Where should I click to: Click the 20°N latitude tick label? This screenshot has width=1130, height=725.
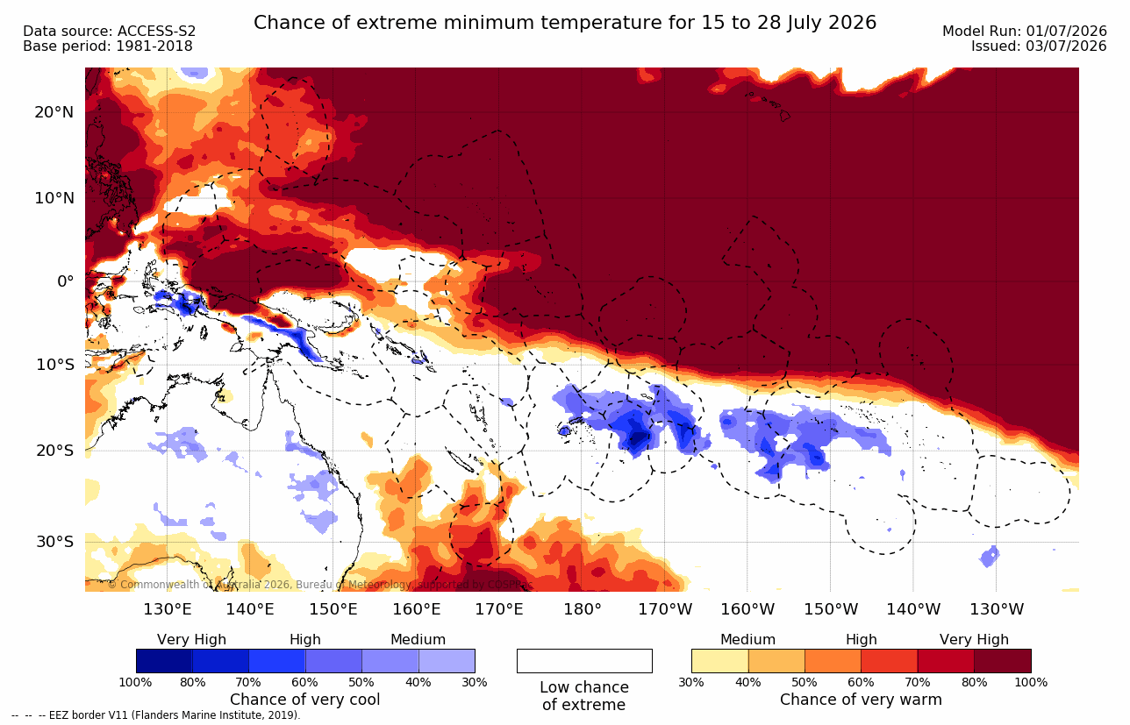coord(54,112)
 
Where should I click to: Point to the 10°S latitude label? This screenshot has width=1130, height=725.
coord(55,364)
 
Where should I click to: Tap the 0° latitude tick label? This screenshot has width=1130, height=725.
coord(65,281)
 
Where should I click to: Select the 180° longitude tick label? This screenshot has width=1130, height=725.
coord(583,609)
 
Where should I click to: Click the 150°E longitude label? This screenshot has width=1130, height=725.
coord(333,609)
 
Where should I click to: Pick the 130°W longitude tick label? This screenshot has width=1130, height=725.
coord(997,609)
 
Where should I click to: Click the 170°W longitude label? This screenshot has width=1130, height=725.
coord(665,609)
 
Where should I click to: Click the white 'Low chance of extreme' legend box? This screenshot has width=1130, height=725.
coord(584,660)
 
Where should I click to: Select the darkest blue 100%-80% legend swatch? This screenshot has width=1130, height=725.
coord(164,660)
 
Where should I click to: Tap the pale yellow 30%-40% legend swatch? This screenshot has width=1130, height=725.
coord(719,660)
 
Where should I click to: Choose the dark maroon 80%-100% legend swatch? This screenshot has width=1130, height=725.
coord(1003,660)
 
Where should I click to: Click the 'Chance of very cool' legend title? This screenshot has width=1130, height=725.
coord(304,700)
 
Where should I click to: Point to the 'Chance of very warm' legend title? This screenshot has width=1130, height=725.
coord(861,700)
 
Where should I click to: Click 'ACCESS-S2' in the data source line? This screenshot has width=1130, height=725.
coord(156,32)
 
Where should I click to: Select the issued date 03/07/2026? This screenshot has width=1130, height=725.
coord(1066,46)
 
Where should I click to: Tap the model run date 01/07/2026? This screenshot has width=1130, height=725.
coord(1066,32)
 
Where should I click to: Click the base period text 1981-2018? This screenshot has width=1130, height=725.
coord(154,46)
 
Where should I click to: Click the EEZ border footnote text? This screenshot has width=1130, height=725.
coord(155,715)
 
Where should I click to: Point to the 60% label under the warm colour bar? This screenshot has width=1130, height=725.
coord(861,682)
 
